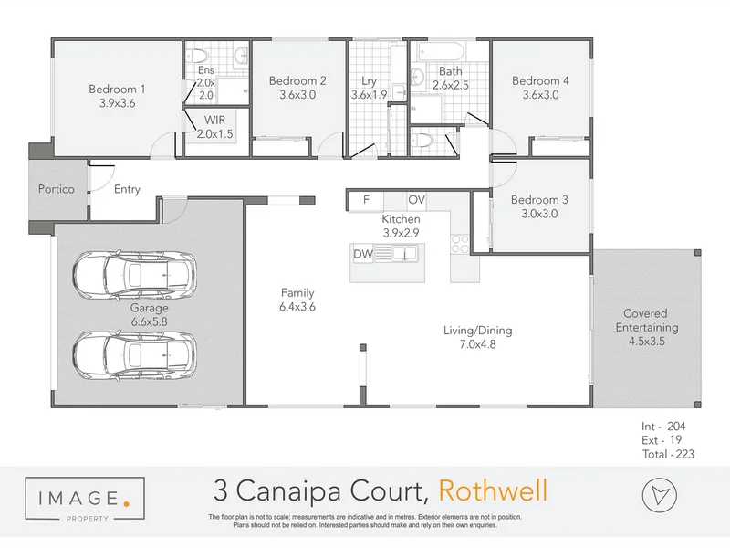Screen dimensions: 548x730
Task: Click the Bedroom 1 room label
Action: (117, 89)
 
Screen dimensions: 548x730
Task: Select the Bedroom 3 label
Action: (539, 200)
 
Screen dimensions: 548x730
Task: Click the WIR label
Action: (215, 121)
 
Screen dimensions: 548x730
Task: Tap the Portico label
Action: (56, 190)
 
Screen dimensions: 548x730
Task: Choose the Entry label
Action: (127, 190)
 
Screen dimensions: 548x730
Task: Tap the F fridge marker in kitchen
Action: (366, 199)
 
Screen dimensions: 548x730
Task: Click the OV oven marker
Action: (416, 199)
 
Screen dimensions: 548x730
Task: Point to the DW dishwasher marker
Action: (363, 254)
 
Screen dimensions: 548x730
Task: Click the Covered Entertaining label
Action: (646, 320)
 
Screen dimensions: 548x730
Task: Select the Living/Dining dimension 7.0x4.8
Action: (471, 344)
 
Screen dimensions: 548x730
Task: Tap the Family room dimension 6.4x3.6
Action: (297, 307)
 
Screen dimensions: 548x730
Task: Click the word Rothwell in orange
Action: (493, 491)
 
